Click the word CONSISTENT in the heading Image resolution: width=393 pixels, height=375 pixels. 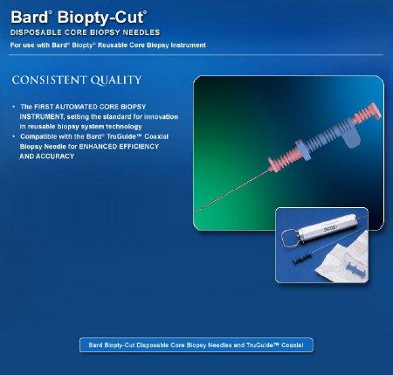coord(45,80)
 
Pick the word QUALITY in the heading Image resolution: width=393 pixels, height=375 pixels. coord(110,80)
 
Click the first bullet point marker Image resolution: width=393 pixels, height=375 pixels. coord(14,106)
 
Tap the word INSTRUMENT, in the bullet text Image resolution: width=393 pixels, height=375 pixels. coord(43,115)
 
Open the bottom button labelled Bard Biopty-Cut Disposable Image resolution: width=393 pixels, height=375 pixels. coord(196,344)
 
